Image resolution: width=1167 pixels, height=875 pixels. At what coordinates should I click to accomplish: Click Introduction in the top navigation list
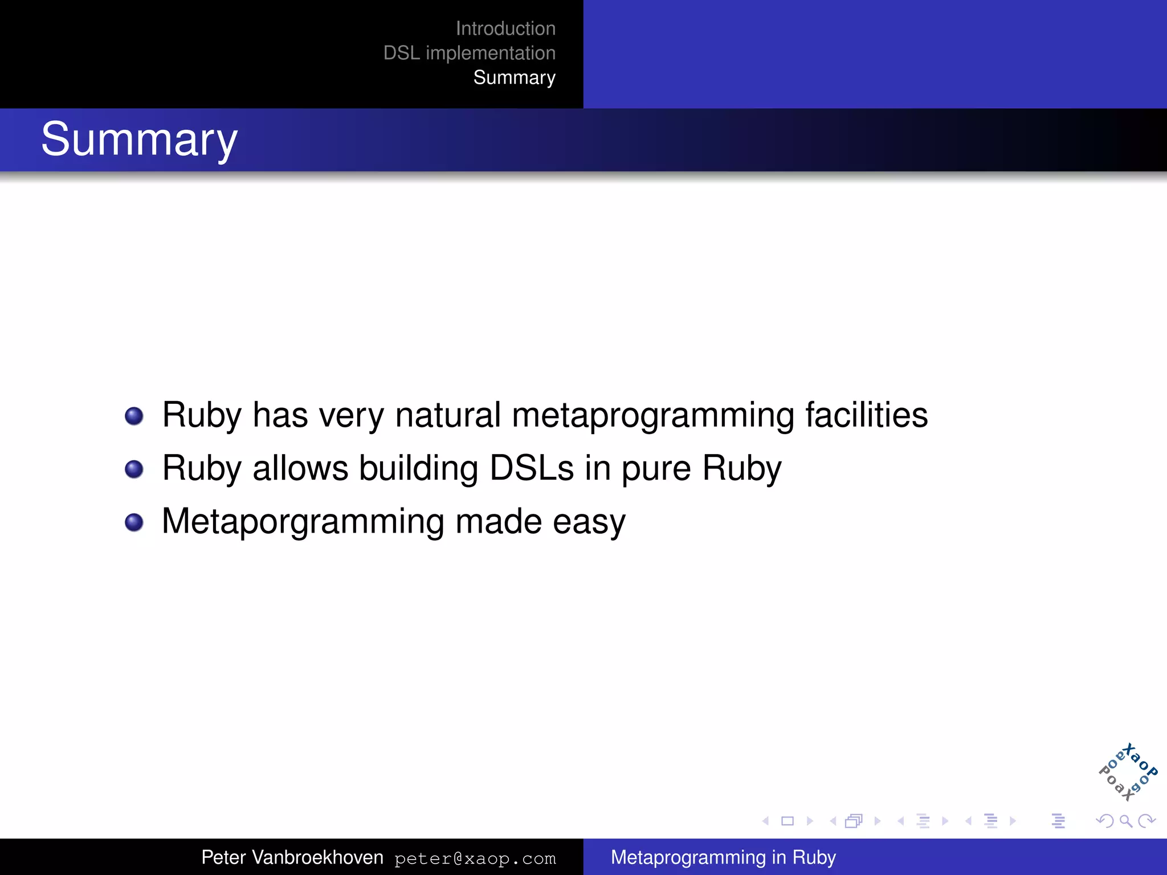[505, 28]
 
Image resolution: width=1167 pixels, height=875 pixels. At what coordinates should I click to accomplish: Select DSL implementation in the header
[469, 53]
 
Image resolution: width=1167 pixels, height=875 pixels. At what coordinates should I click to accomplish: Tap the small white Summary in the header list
[514, 77]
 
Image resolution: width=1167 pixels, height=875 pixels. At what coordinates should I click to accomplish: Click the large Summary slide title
[139, 140]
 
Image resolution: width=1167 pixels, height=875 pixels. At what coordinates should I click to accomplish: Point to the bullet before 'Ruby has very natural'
[134, 416]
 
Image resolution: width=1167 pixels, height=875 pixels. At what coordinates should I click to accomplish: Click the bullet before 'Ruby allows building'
[134, 469]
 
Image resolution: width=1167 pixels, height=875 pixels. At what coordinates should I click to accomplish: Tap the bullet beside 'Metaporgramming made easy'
[134, 522]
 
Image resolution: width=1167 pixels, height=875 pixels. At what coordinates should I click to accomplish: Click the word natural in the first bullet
[448, 415]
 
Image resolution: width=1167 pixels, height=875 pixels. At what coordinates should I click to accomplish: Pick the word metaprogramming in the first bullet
[653, 416]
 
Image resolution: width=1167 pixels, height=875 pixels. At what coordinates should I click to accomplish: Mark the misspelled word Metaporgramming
[303, 522]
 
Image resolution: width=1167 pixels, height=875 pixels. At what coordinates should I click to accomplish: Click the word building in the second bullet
[418, 468]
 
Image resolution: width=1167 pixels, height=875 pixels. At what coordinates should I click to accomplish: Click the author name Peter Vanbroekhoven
[292, 857]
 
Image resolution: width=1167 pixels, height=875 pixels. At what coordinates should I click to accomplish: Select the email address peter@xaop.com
[475, 858]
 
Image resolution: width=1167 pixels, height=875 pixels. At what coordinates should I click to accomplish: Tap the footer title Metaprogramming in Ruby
[723, 857]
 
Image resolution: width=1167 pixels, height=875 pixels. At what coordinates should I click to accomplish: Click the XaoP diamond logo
[1128, 772]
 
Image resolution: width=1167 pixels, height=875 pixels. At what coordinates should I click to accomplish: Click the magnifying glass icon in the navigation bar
[1125, 821]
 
